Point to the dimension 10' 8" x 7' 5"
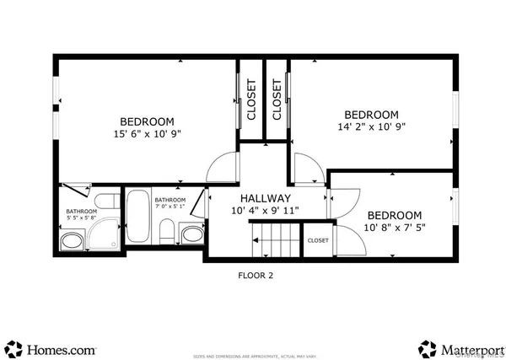(394, 228)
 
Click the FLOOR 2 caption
(255, 275)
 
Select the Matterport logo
(460, 347)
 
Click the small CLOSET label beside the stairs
(318, 240)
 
